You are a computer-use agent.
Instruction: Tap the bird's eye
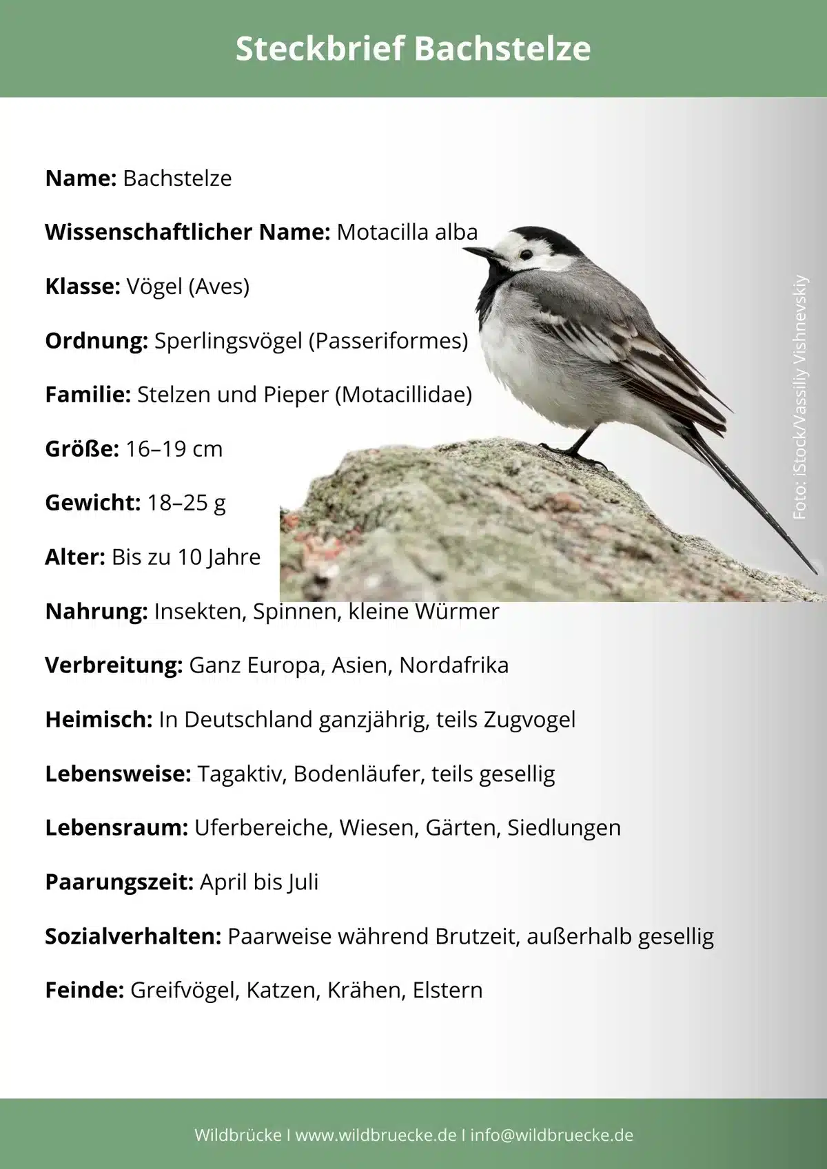point(526,254)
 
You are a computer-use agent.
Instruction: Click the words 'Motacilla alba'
point(407,232)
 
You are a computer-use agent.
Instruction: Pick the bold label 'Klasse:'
point(83,286)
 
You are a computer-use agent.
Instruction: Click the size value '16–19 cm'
point(174,449)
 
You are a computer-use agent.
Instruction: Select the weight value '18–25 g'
point(186,503)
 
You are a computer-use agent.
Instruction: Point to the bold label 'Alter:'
point(75,557)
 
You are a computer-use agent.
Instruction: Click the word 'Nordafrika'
point(453,665)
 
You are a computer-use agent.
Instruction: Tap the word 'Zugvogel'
point(529,720)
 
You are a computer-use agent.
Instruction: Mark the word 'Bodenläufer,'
point(359,774)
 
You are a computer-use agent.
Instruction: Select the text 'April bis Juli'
point(259,882)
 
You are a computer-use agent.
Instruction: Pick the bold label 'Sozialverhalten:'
point(133,936)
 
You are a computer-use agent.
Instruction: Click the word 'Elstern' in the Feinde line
point(447,991)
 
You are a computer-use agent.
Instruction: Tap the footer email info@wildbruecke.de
point(551,1135)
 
